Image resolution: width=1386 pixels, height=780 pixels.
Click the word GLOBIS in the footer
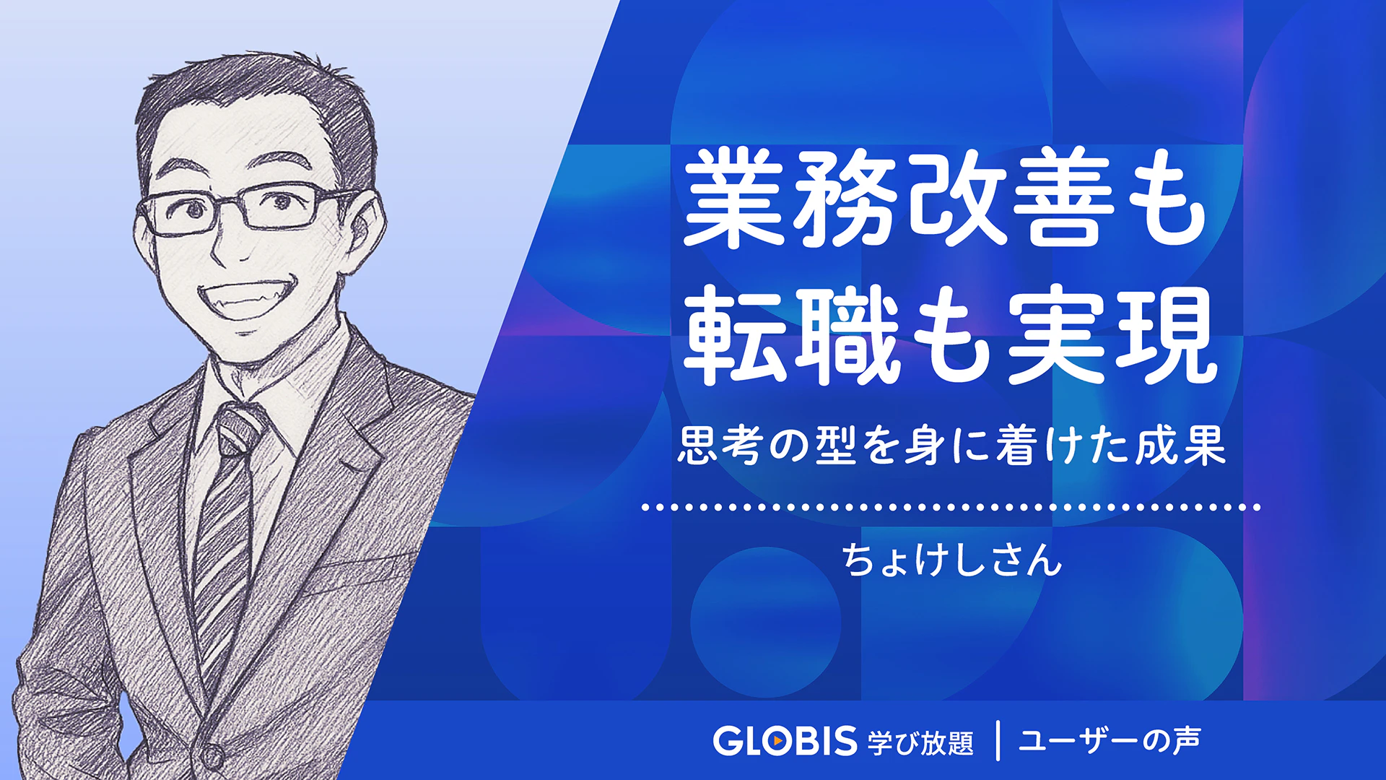785,741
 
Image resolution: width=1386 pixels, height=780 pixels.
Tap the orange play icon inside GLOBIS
776,741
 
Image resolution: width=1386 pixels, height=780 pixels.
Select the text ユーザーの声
1110,740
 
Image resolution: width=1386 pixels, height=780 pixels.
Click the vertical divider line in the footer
998,740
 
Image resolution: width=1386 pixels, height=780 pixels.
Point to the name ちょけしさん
952,560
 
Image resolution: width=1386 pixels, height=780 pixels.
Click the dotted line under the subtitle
951,507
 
